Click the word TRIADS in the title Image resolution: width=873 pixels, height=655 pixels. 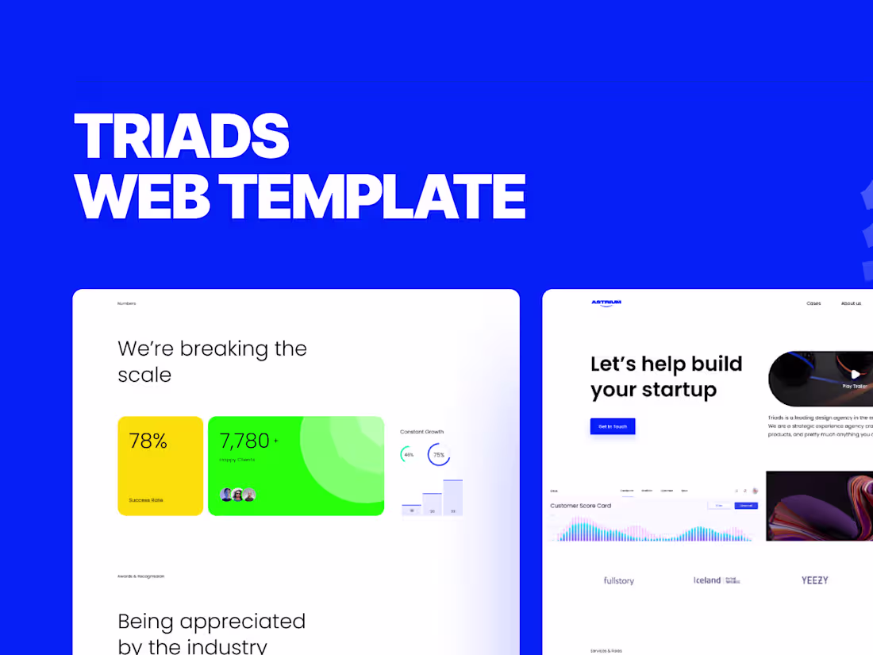click(x=182, y=137)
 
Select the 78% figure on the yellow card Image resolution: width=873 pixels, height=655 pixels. click(x=148, y=441)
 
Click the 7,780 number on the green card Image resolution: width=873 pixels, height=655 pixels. click(x=245, y=441)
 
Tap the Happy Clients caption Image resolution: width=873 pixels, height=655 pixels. click(x=237, y=460)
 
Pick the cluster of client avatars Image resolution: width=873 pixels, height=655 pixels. click(x=238, y=495)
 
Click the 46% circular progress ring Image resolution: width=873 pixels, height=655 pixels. click(x=408, y=455)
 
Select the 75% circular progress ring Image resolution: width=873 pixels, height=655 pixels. click(x=439, y=455)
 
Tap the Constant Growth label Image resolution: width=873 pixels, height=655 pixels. click(x=422, y=432)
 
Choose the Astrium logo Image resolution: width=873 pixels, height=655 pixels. click(x=606, y=302)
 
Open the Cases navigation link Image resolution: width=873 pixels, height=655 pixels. click(x=813, y=303)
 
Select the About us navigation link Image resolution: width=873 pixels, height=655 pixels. click(x=851, y=303)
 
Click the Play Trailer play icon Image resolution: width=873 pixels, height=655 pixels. click(x=855, y=374)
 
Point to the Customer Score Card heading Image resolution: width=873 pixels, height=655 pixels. click(x=581, y=506)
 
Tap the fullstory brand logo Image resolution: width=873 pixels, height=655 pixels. click(x=619, y=581)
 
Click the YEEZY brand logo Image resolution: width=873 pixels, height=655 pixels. click(x=814, y=580)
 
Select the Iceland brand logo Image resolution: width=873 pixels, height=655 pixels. click(x=707, y=580)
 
